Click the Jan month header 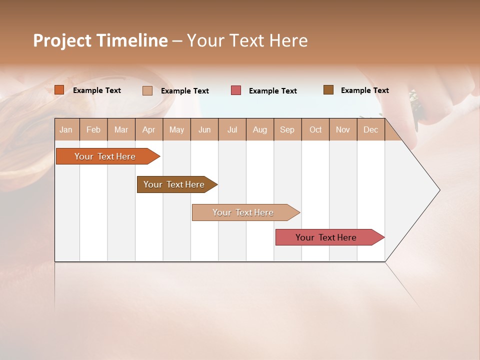click(x=66, y=129)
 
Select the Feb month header click(x=93, y=129)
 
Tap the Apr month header click(x=148, y=129)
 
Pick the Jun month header click(x=204, y=129)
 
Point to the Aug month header click(x=259, y=129)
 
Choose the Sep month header click(x=287, y=129)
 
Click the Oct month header click(x=315, y=129)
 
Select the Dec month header click(x=370, y=129)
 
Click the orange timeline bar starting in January click(x=105, y=156)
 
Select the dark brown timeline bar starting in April click(x=174, y=184)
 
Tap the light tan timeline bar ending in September click(x=243, y=212)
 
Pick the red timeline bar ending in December click(x=326, y=237)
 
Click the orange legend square click(x=59, y=90)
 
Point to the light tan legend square click(x=147, y=90)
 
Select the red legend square click(x=236, y=90)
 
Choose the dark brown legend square click(x=328, y=90)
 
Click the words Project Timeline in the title click(x=100, y=40)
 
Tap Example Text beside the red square click(x=273, y=91)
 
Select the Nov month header click(x=342, y=129)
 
